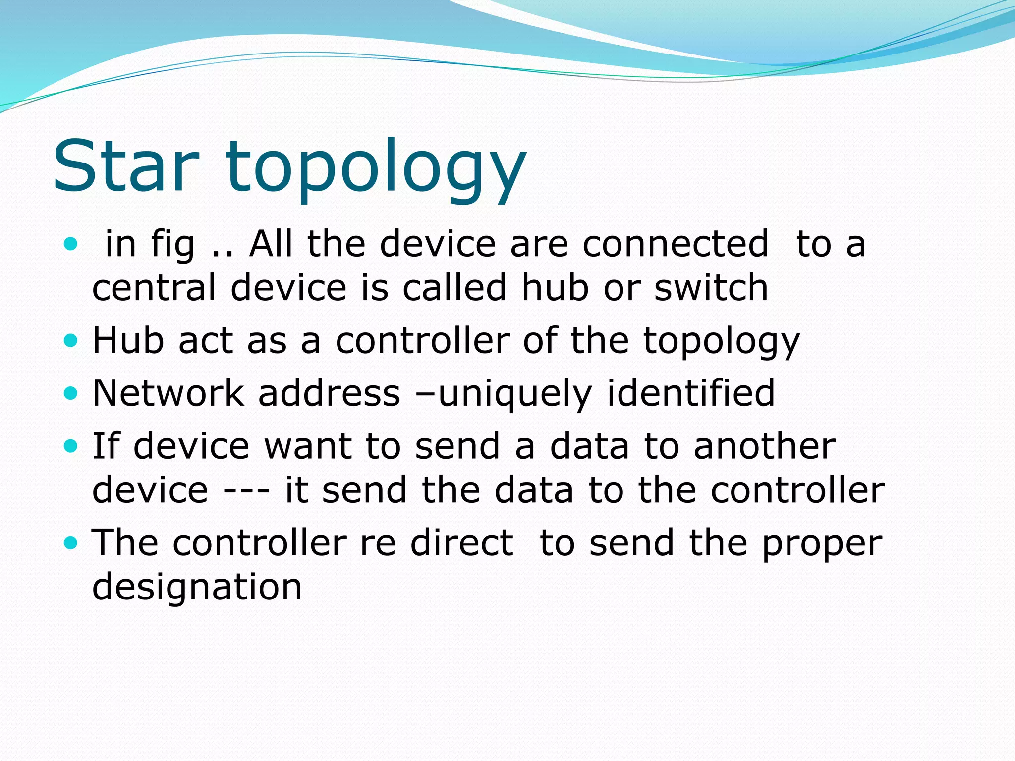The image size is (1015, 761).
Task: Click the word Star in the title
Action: (126, 166)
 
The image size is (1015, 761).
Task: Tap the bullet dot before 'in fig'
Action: (71, 244)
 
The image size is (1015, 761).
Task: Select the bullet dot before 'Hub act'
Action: (71, 341)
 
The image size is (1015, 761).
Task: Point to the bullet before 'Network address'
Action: (71, 393)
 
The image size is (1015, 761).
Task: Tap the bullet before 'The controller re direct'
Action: (71, 543)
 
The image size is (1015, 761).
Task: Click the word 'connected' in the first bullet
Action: (676, 244)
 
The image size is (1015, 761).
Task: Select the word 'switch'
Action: (711, 288)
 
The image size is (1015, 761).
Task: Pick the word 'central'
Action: (154, 288)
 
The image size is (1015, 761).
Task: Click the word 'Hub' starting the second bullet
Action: (128, 341)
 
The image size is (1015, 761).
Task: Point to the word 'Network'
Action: (168, 393)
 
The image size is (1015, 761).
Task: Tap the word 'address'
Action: (329, 393)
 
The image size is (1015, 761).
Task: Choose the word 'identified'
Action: (691, 393)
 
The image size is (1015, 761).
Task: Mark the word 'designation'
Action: (197, 588)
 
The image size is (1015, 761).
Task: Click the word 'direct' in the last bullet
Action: (462, 543)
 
